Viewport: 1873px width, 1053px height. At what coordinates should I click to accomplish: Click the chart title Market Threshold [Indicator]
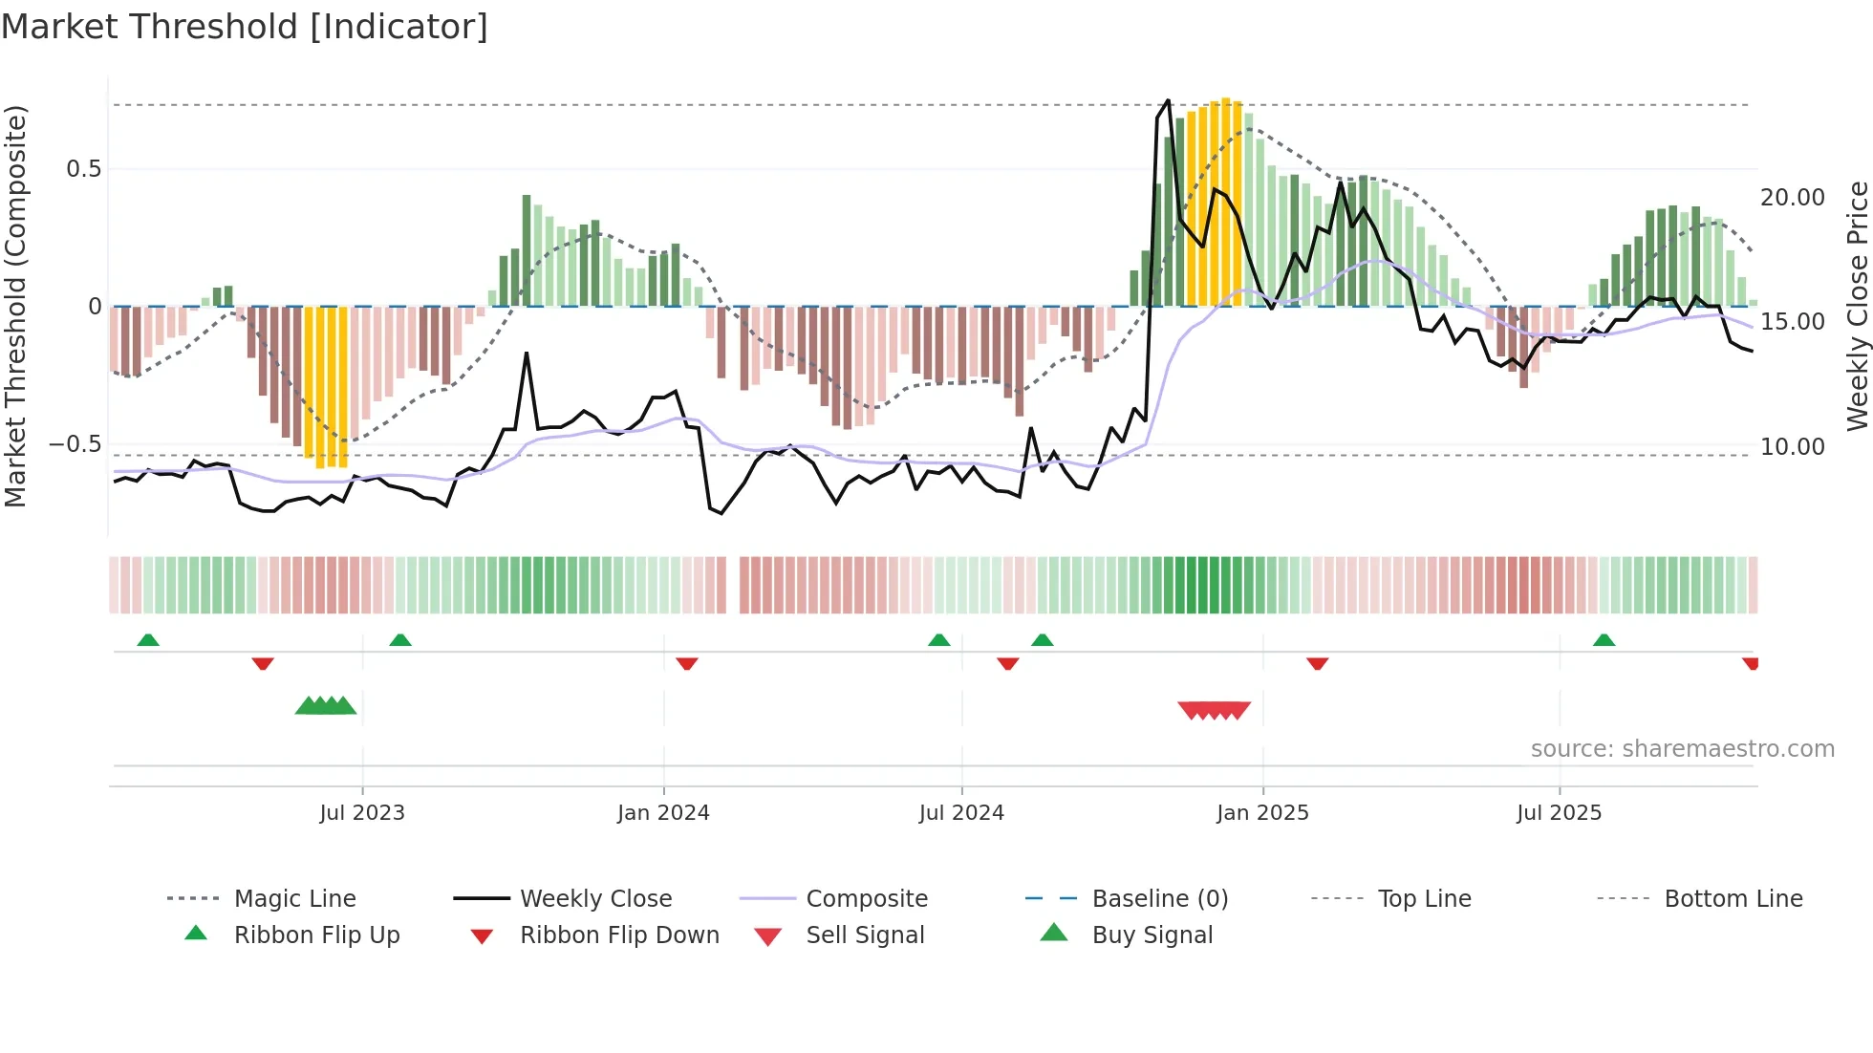pyautogui.click(x=245, y=27)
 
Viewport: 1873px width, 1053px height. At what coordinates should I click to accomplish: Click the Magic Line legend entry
pyautogui.click(x=294, y=899)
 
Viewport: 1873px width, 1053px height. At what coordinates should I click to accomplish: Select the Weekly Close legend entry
pyautogui.click(x=595, y=899)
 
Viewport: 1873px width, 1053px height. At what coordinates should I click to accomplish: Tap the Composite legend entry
pyautogui.click(x=866, y=899)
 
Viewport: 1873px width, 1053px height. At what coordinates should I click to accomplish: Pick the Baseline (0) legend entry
pyautogui.click(x=1159, y=899)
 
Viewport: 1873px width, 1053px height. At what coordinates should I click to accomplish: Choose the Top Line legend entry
pyautogui.click(x=1424, y=899)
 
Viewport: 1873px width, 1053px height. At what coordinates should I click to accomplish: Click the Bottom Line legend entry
pyautogui.click(x=1733, y=899)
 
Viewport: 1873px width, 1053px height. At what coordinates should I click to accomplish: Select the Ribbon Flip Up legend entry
pyautogui.click(x=316, y=935)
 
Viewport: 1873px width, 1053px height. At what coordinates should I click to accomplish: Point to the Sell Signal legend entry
pyautogui.click(x=865, y=935)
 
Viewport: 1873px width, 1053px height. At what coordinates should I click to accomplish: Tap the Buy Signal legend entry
pyautogui.click(x=1152, y=935)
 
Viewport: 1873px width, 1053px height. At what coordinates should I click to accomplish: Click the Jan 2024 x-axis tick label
pyautogui.click(x=663, y=813)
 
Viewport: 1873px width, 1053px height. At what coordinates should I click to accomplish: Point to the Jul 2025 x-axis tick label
pyautogui.click(x=1559, y=813)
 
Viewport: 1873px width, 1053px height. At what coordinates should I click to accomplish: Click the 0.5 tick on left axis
pyautogui.click(x=84, y=169)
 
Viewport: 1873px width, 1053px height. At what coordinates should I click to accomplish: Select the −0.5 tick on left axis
pyautogui.click(x=75, y=444)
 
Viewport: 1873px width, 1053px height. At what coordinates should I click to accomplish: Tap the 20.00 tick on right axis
pyautogui.click(x=1792, y=198)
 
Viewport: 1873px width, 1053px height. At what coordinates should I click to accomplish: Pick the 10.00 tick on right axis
pyautogui.click(x=1792, y=446)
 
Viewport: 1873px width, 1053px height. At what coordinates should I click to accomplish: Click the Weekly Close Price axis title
pyautogui.click(x=1857, y=306)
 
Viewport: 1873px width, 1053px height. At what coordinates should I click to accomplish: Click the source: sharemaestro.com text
pyautogui.click(x=1682, y=749)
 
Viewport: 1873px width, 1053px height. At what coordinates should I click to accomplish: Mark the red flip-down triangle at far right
pyautogui.click(x=1751, y=663)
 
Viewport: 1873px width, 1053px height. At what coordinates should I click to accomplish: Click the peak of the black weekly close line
pyautogui.click(x=1168, y=100)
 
